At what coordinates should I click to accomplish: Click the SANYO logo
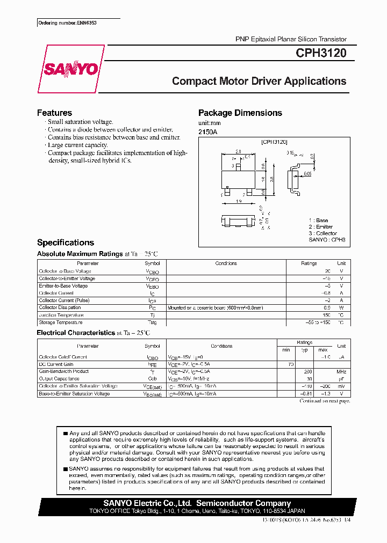coord(70,69)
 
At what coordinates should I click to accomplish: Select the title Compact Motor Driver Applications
coord(259,81)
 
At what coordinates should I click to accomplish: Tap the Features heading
coord(54,113)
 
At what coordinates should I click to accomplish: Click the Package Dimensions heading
coord(240,113)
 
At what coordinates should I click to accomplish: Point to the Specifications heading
coord(65,243)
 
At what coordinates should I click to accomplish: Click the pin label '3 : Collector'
coord(323,233)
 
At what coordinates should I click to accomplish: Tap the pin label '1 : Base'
coord(318,221)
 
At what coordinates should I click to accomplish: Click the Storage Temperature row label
coord(60,322)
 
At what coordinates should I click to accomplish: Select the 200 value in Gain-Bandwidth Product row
coord(308,371)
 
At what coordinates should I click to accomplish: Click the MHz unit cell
coord(341,371)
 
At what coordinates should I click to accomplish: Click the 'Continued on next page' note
coord(324,401)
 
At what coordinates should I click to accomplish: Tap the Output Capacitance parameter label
coord(59,379)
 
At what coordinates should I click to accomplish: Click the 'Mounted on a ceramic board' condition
coord(215,307)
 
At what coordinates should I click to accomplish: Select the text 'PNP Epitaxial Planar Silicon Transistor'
coord(291,39)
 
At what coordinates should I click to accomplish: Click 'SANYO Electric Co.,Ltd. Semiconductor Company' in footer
coord(197,503)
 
